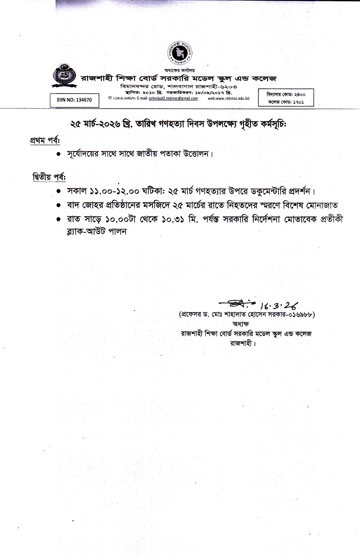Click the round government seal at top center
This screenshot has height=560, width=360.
tap(180, 53)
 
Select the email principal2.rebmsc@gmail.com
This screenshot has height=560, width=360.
tap(174, 98)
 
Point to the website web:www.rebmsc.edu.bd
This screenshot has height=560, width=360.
tap(229, 98)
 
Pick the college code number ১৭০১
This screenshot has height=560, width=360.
tap(298, 102)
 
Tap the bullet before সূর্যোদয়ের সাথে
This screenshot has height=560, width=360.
tap(59, 154)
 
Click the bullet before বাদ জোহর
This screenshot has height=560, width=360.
tap(59, 205)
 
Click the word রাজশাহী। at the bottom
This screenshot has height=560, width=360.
tap(243, 343)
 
